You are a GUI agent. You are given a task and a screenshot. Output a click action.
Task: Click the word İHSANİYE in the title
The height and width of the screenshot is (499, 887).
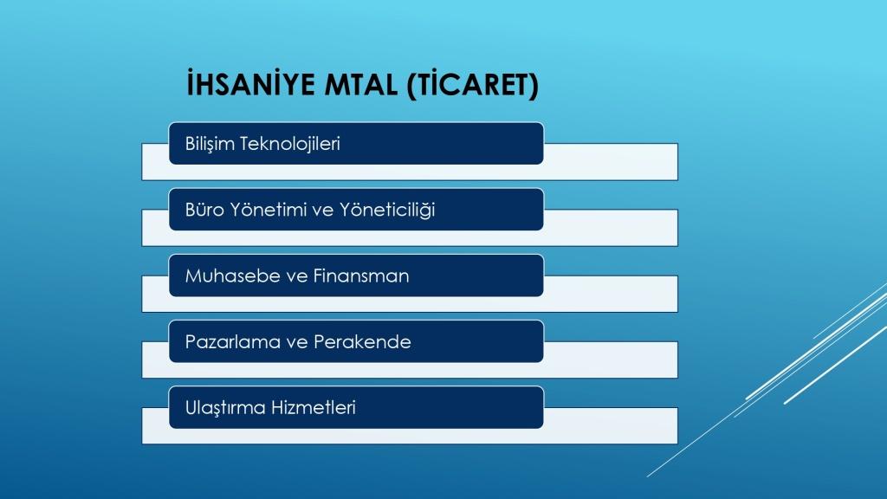pos(250,84)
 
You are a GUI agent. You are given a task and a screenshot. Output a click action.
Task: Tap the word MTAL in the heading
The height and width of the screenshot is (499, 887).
pos(361,85)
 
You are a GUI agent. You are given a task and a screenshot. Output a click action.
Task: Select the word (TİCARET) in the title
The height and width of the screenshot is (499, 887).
pos(473,85)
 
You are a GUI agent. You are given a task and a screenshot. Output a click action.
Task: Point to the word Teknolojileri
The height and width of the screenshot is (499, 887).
pos(290,144)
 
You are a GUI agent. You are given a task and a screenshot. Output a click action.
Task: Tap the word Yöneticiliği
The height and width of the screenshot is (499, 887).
pos(387,210)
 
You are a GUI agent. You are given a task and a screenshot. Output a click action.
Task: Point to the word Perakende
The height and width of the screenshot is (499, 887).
pos(362,341)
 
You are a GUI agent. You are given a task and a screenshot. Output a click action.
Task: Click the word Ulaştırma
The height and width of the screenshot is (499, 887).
pos(226,408)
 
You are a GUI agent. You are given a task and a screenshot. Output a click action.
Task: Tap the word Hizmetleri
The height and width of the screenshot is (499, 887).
pos(314,408)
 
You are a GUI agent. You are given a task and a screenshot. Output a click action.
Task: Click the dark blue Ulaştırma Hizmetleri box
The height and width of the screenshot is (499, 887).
pos(356,407)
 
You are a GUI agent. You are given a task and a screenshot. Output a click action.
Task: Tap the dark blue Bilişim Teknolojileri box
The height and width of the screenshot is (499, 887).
pos(356,144)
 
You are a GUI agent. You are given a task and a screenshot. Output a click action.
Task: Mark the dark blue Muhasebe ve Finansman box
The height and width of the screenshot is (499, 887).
pos(356,275)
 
